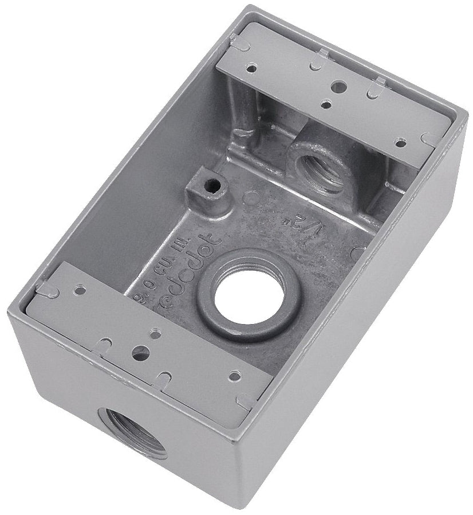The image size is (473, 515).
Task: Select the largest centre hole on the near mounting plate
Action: [x=140, y=353]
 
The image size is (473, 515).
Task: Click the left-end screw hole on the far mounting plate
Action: [x=250, y=68]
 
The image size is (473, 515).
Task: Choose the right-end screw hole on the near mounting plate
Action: [x=235, y=376]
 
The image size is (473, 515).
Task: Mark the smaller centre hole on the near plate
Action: [x=155, y=333]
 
